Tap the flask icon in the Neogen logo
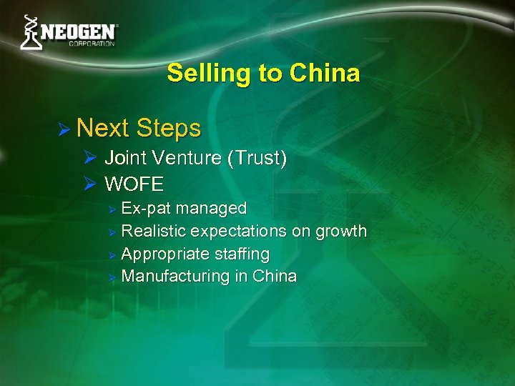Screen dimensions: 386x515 (30, 33)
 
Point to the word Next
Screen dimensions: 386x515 (103, 129)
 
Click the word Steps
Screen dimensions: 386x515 (168, 129)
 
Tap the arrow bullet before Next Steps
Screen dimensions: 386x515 (64, 129)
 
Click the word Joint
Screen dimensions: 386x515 (125, 159)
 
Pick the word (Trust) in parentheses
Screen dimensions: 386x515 (257, 159)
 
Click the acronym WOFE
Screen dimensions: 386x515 (134, 184)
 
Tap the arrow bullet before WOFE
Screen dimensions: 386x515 (90, 184)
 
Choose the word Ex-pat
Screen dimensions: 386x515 (146, 209)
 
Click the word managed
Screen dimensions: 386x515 (211, 209)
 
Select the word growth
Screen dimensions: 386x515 (340, 232)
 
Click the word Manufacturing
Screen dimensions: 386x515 (175, 277)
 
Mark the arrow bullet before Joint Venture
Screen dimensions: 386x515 (90, 159)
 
